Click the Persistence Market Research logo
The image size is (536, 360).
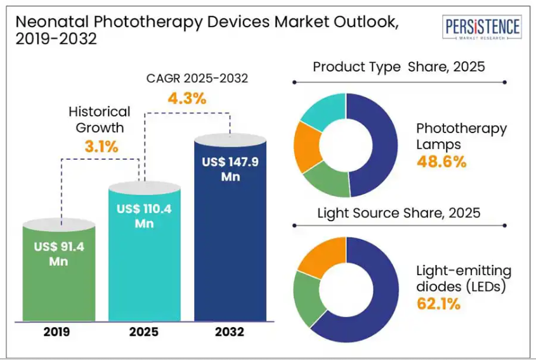click(x=483, y=29)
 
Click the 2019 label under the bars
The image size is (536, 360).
click(x=59, y=331)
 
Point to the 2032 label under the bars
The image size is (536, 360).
click(x=230, y=331)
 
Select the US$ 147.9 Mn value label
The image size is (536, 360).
click(x=230, y=169)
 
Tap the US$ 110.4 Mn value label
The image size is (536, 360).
click(x=145, y=215)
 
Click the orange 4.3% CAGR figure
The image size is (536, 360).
click(x=186, y=99)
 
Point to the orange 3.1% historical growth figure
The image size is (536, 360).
click(x=101, y=146)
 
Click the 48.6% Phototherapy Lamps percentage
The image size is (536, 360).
click(x=441, y=162)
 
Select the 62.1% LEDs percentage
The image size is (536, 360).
click(x=438, y=304)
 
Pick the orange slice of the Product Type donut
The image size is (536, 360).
click(x=306, y=146)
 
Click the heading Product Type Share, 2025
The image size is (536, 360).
click(x=399, y=67)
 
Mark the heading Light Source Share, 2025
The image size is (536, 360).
click(x=398, y=213)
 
